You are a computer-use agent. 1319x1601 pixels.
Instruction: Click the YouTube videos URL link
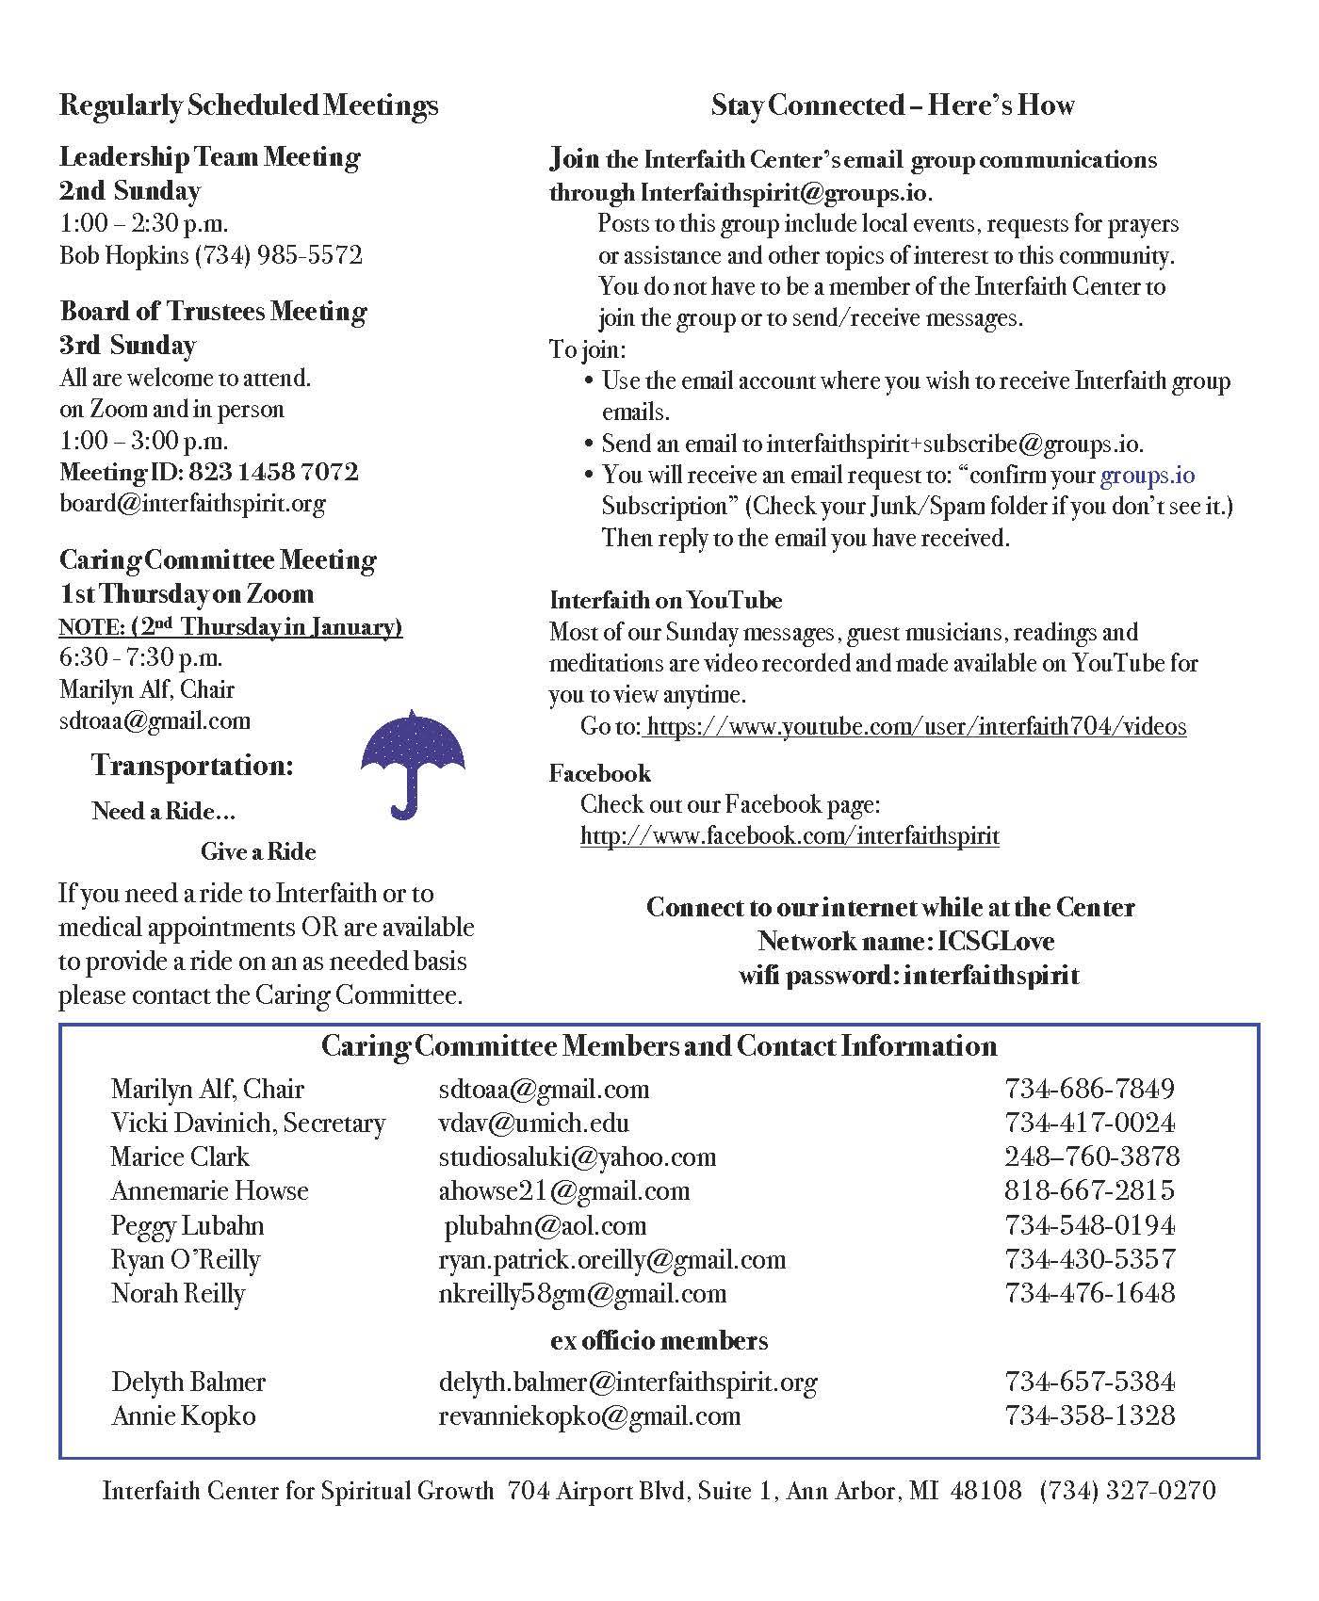coord(916,726)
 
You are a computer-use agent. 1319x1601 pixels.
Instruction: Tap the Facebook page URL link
coord(790,835)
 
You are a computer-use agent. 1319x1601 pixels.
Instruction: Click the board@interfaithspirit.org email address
coord(192,503)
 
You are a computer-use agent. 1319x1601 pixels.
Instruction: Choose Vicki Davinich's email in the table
coord(533,1123)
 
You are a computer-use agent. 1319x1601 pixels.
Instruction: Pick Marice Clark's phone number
coord(1091,1156)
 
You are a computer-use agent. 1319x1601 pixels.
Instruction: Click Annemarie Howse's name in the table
coord(209,1190)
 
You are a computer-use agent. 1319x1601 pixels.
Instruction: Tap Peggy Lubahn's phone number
coord(1090,1225)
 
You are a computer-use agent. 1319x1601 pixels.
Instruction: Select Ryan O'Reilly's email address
coord(611,1259)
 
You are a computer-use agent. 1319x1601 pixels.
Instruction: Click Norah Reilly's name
coord(178,1293)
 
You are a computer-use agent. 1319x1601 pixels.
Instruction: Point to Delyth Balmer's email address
coord(627,1382)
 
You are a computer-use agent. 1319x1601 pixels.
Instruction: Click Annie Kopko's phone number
coord(1090,1415)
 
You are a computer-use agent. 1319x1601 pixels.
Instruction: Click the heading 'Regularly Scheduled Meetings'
coord(248,105)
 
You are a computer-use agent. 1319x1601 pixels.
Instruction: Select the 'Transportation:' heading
coord(192,766)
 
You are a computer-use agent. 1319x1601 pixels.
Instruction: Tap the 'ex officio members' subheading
coord(659,1340)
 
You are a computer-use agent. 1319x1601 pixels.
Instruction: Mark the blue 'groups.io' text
coord(1147,475)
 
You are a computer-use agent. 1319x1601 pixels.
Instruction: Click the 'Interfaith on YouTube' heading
coord(665,600)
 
